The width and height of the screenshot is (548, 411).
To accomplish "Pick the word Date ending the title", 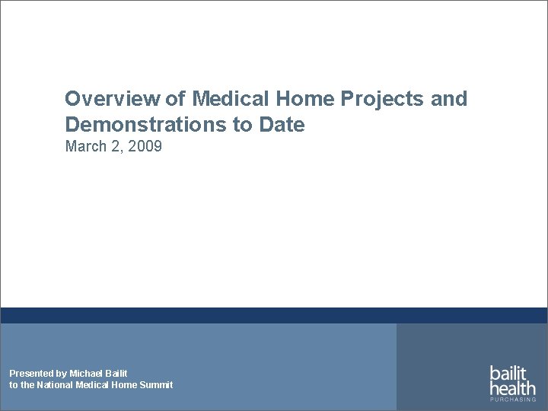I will pyautogui.click(x=285, y=124).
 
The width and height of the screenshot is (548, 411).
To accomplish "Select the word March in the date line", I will pyautogui.click(x=84, y=146).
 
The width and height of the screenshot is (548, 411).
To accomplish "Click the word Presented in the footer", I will pyautogui.click(x=31, y=373).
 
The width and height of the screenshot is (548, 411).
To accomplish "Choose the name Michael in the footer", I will pyautogui.click(x=87, y=373).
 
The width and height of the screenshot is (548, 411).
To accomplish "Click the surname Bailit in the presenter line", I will pyautogui.click(x=116, y=373).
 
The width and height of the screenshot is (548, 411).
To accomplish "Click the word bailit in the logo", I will pyautogui.click(x=508, y=374).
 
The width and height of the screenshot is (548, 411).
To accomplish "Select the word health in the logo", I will pyautogui.click(x=511, y=388).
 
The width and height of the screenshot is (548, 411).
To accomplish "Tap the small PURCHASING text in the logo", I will pyautogui.click(x=512, y=400).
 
